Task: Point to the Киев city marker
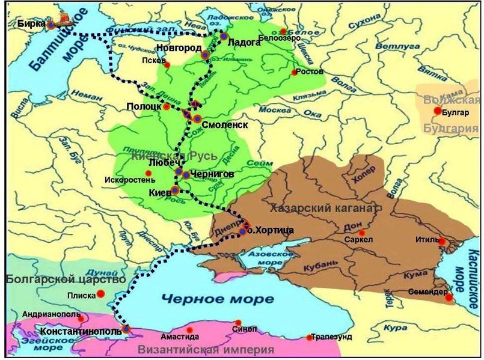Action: click(x=175, y=190)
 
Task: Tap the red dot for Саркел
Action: click(x=361, y=233)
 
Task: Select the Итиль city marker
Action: click(x=442, y=242)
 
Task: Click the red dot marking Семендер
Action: click(x=449, y=297)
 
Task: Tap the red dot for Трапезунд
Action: click(x=310, y=337)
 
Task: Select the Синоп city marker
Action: click(x=239, y=323)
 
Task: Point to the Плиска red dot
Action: click(x=101, y=293)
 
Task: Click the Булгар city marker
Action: click(x=438, y=111)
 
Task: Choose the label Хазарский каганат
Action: click(x=323, y=209)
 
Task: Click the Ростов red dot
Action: click(x=295, y=73)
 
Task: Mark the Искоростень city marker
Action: click(x=148, y=173)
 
